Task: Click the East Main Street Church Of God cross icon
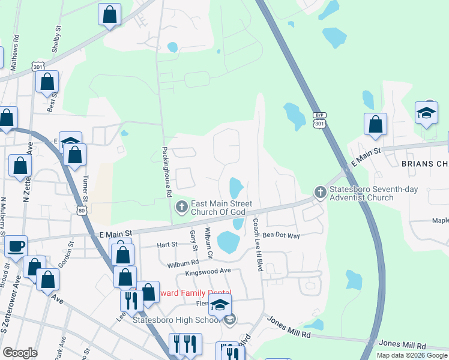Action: pyautogui.click(x=181, y=208)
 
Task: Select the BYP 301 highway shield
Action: pyautogui.click(x=319, y=121)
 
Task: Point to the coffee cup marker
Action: pyautogui.click(x=16, y=246)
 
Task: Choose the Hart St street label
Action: pyautogui.click(x=167, y=244)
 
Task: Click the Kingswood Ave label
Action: pyautogui.click(x=208, y=272)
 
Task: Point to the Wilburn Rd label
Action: pyautogui.click(x=183, y=263)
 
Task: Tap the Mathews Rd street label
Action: pyautogui.click(x=16, y=45)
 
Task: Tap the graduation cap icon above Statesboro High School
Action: pyautogui.click(x=220, y=304)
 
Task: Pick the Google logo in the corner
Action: pyautogui.click(x=20, y=353)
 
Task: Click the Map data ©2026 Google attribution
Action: pyautogui.click(x=411, y=355)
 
